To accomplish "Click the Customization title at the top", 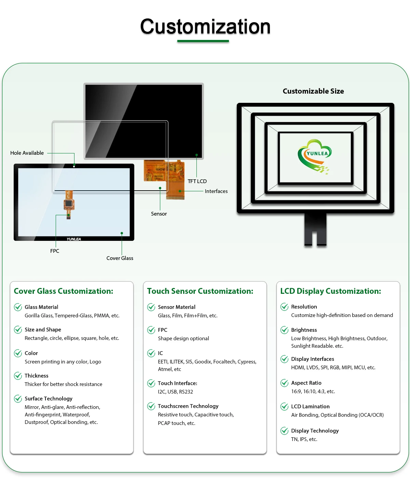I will [205, 27].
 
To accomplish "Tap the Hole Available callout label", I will [27, 153].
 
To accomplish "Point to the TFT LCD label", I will [197, 181].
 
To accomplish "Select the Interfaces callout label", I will [216, 191].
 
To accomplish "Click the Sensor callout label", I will [159, 214].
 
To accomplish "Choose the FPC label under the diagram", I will [55, 251].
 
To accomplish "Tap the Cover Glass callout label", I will [120, 258].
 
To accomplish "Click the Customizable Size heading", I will [313, 91].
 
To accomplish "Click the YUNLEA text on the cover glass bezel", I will [74, 239].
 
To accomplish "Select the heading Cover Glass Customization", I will [64, 291].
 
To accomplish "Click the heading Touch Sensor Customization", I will [200, 291].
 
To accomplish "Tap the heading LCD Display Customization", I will [330, 291].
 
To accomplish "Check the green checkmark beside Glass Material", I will [18, 307].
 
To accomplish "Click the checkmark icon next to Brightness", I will [284, 330].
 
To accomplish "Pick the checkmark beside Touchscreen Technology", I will [151, 406].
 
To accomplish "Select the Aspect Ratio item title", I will [306, 383].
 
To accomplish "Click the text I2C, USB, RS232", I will [175, 392].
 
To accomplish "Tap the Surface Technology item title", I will [49, 399].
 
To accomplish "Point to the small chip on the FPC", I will [69, 204].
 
